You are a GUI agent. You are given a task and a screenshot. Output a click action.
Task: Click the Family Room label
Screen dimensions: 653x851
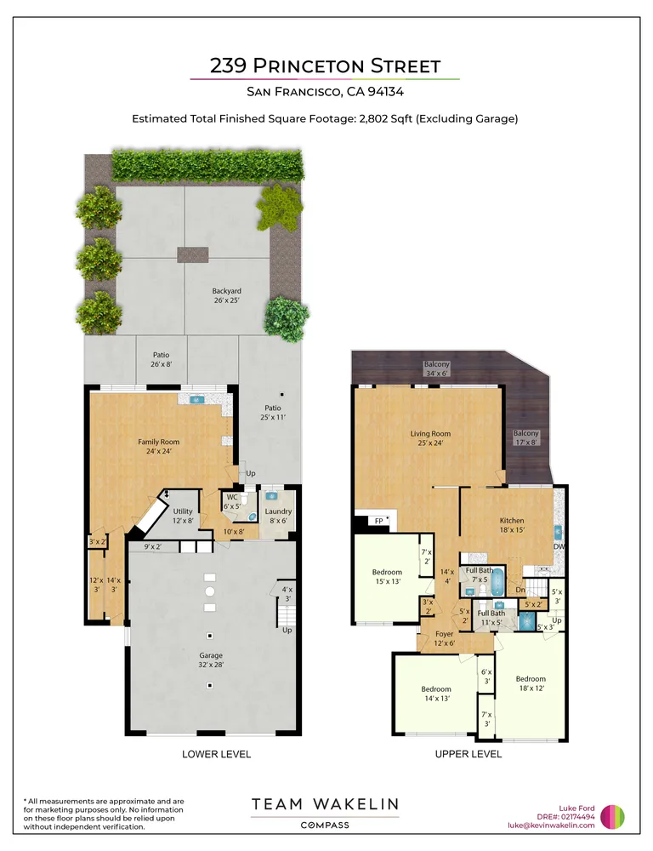tap(158, 446)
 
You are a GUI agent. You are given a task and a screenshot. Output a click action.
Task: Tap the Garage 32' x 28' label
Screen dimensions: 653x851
tap(210, 660)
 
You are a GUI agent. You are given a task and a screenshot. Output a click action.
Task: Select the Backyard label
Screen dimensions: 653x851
tap(226, 295)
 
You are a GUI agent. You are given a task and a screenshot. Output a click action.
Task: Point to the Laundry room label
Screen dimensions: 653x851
tap(278, 516)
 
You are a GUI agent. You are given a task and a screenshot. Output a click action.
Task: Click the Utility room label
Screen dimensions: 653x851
tap(183, 516)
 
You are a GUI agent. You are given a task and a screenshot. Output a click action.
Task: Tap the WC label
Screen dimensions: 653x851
tap(232, 501)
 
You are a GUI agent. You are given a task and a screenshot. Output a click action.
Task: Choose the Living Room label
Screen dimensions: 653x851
tap(430, 438)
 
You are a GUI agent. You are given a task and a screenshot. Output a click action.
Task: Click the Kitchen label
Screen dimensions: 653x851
tap(512, 525)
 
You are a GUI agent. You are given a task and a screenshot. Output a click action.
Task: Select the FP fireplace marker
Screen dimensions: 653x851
tap(379, 521)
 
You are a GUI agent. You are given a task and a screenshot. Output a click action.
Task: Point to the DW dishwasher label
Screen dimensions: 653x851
tap(559, 546)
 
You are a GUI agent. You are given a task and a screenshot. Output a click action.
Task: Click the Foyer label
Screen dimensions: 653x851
tap(444, 638)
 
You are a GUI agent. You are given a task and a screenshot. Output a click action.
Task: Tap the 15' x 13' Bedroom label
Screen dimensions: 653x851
tap(387, 576)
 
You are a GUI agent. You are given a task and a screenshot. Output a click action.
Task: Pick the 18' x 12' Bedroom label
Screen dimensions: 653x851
tap(531, 683)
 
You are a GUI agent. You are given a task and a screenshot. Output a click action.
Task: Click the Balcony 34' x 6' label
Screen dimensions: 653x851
tap(436, 368)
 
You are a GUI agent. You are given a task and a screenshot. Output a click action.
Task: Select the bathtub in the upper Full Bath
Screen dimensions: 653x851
tap(497, 581)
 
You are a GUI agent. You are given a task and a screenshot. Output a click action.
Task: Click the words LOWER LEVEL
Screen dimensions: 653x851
tap(217, 754)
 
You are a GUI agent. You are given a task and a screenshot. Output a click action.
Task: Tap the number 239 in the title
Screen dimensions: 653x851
tap(229, 66)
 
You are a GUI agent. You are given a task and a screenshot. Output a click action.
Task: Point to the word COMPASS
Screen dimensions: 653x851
tap(325, 825)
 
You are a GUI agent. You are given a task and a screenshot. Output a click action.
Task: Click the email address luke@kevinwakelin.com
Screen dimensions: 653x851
tap(551, 825)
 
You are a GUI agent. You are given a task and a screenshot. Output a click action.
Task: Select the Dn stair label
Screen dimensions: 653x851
tap(520, 590)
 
